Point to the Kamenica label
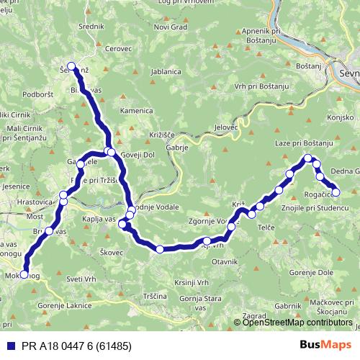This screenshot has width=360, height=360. pyautogui.click(x=137, y=111)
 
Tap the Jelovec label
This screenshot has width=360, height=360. pyautogui.click(x=225, y=127)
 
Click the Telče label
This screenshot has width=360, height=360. pyautogui.click(x=267, y=227)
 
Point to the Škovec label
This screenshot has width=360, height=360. pyautogui.click(x=112, y=253)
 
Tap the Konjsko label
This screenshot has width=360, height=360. pyautogui.click(x=341, y=117)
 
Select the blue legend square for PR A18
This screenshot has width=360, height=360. pyautogui.click(x=9, y=346)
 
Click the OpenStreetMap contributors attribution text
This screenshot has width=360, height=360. pyautogui.click(x=297, y=323)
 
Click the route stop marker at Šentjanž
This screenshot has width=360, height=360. pyautogui.click(x=71, y=66)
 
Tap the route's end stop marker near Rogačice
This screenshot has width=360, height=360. pyautogui.click(x=335, y=192)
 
